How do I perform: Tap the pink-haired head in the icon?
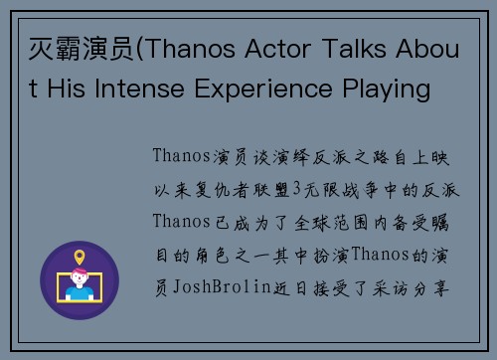[80, 280]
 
